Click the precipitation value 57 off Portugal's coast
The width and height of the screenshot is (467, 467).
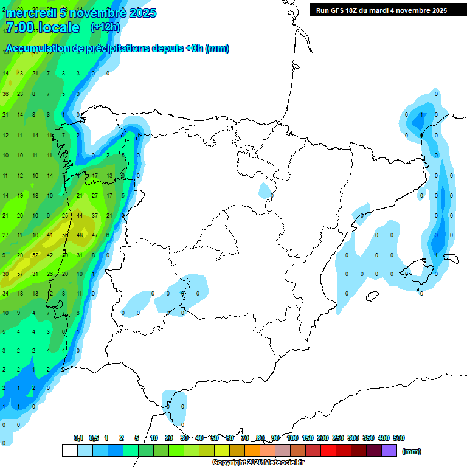(20, 274)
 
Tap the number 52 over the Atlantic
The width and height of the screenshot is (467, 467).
(35, 255)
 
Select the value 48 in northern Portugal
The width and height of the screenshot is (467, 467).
(80, 235)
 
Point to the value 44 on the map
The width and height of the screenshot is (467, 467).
(80, 215)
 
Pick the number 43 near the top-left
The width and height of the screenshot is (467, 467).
(20, 74)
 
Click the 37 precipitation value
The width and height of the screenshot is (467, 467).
(94, 215)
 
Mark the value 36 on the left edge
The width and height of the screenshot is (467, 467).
(5, 94)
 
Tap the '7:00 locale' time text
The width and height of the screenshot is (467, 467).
(42, 27)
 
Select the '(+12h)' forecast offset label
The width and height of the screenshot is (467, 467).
(105, 27)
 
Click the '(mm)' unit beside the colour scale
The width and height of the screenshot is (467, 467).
(412, 451)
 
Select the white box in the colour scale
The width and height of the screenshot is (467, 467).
(70, 451)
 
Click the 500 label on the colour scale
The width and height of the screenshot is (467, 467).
(399, 438)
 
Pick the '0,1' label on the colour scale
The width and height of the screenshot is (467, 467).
(78, 438)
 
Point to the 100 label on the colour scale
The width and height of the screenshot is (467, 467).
(292, 438)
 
